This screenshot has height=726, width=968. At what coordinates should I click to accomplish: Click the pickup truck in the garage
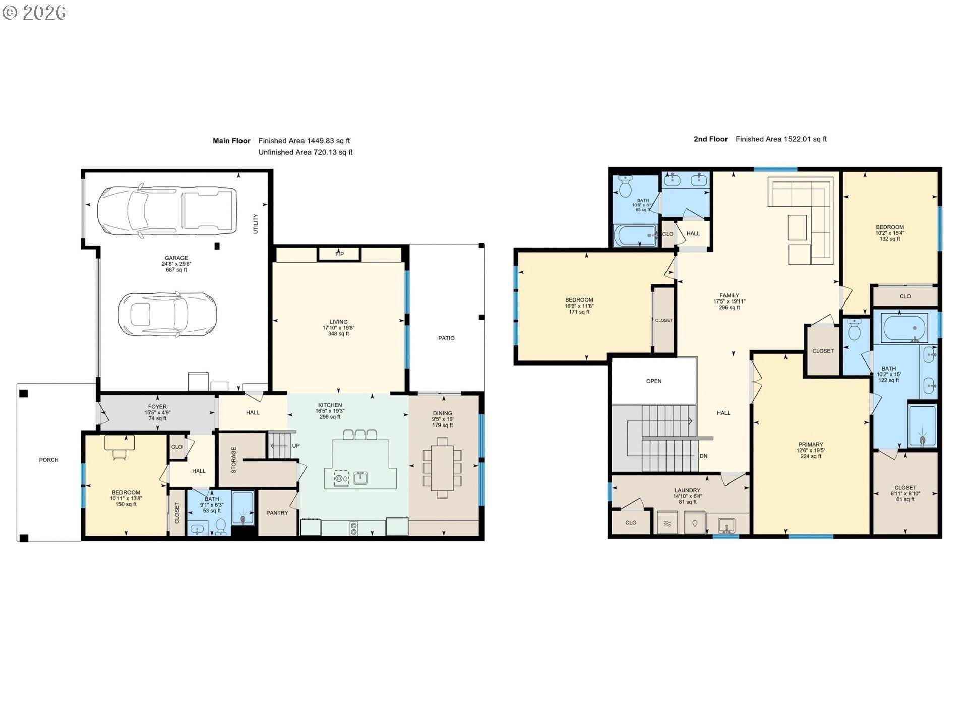tap(167, 210)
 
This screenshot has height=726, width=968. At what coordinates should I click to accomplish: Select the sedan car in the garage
tap(167, 315)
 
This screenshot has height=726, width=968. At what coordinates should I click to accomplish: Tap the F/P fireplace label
tap(340, 254)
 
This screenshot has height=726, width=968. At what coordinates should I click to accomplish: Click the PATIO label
tap(446, 338)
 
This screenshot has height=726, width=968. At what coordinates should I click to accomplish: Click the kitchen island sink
tap(360, 477)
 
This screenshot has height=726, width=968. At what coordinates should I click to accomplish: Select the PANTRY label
tap(277, 513)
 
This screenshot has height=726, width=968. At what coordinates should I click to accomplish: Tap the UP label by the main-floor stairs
tap(296, 446)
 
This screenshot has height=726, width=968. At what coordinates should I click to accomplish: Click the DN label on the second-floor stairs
tap(703, 456)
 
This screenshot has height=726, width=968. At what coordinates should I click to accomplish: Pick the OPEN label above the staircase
tap(654, 381)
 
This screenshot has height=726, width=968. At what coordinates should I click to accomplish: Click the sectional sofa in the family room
tap(801, 220)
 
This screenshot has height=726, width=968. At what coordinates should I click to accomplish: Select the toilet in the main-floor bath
tap(220, 526)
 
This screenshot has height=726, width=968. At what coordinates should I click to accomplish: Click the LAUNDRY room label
tap(688, 490)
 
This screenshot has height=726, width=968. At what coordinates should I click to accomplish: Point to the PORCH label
tap(49, 460)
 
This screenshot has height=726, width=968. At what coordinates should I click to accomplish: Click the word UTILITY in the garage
tap(256, 223)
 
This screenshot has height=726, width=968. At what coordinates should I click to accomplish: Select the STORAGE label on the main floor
tap(233, 460)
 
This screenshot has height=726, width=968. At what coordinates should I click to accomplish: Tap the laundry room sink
tap(726, 525)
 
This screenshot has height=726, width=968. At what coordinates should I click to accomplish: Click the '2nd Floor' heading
tap(710, 139)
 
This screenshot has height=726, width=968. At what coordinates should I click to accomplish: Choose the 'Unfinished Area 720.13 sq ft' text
tap(306, 152)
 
